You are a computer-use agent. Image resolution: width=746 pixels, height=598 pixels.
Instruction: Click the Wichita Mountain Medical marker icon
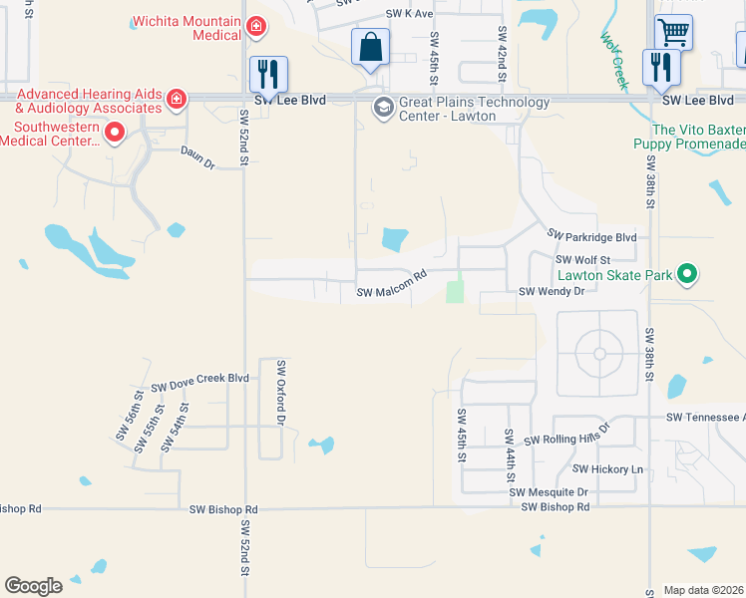point(256,26)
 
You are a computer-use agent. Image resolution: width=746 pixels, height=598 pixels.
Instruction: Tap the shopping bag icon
point(370,47)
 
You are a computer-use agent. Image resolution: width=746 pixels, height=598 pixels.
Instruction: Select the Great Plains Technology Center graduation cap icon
point(382,107)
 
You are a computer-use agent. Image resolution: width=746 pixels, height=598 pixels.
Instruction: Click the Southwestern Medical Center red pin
point(114,131)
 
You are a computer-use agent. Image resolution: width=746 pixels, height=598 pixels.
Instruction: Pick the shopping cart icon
point(674,33)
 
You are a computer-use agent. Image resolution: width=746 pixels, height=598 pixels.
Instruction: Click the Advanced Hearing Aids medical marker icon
point(176,98)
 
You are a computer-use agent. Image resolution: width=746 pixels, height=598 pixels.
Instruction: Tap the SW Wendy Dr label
point(551,291)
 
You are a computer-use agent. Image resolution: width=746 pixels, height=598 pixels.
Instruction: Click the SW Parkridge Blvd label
point(591,236)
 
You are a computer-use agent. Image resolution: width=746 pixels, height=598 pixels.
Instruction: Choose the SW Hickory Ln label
point(608,468)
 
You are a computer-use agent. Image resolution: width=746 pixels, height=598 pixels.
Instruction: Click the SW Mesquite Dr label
point(549,492)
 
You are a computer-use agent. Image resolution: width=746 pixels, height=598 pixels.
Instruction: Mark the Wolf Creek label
point(612,59)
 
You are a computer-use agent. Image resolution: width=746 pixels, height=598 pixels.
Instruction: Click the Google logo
point(33,586)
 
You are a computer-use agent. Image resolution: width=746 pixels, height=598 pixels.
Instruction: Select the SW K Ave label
point(410,14)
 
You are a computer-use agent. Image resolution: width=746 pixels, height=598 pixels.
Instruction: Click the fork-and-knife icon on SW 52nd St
point(267,73)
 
